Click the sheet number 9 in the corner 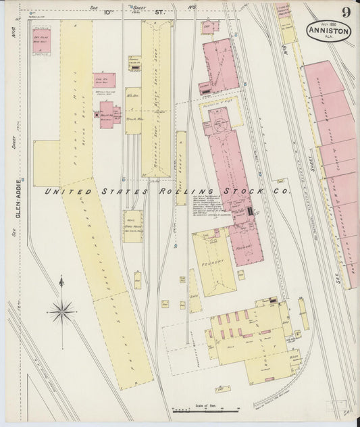pyautogui.click(x=346, y=12)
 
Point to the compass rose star pyautogui.click(x=61, y=311)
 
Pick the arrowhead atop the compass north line pyautogui.click(x=61, y=278)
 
